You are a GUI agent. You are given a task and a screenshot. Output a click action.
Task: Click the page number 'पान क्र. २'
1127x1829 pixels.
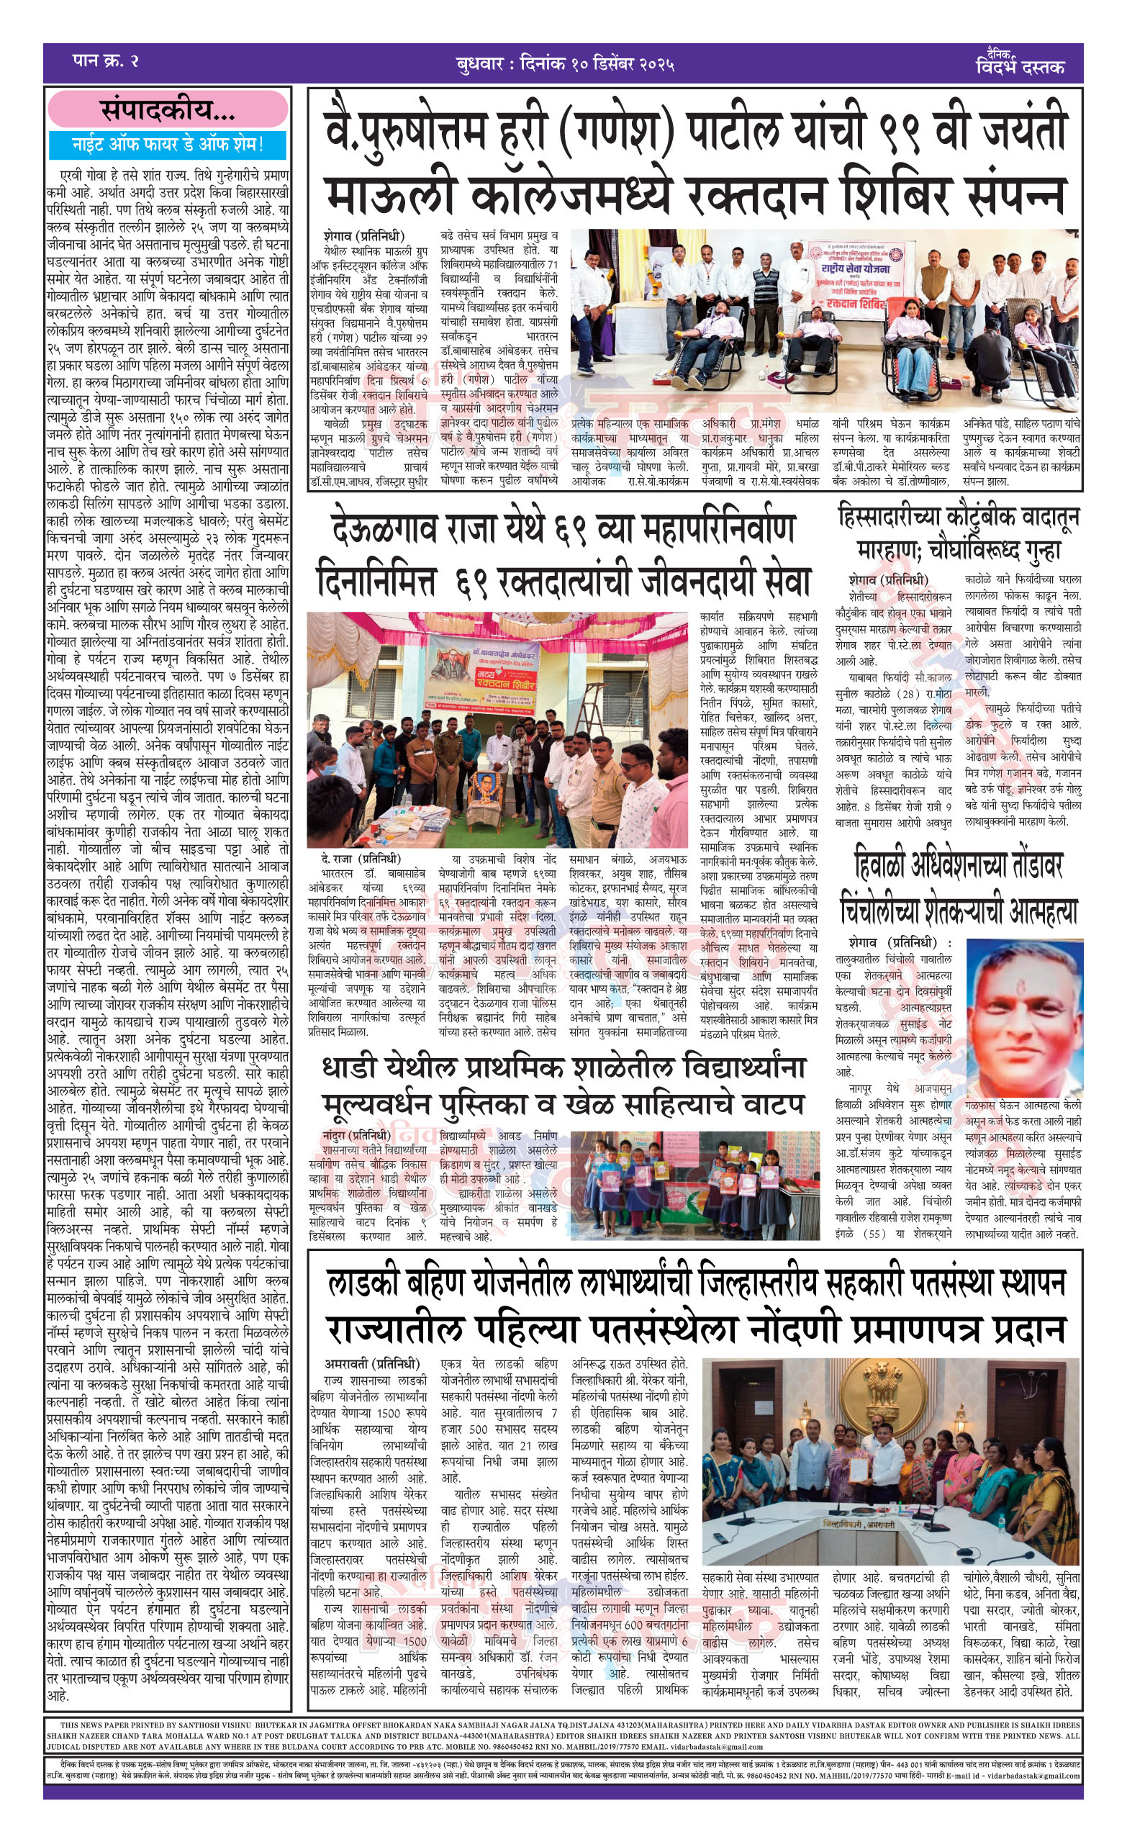[105, 60]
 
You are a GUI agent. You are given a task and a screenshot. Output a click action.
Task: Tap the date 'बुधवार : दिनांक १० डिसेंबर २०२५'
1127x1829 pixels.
[565, 64]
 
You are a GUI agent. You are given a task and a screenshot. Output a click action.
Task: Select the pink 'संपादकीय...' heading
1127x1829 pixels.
[168, 110]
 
